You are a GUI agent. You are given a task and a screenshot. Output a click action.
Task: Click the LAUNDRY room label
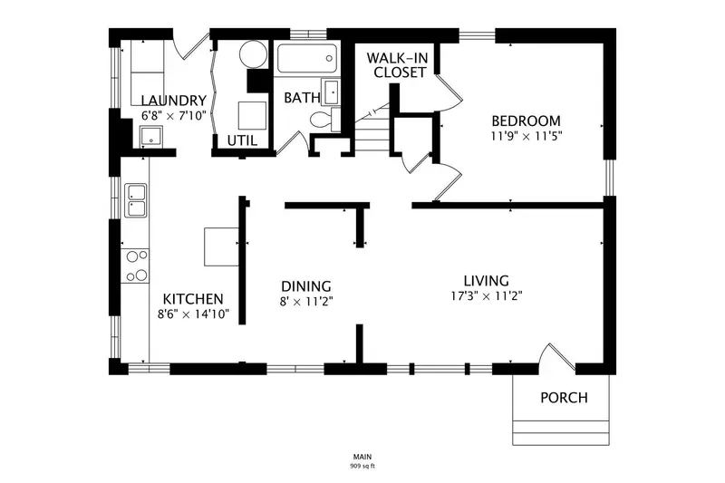(x=173, y=101)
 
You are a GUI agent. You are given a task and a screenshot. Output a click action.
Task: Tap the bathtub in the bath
(x=307, y=58)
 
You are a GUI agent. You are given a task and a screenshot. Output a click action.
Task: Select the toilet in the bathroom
(x=324, y=119)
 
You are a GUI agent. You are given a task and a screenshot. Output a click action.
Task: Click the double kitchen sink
(x=136, y=200)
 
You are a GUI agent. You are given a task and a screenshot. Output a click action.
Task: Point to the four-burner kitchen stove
(x=135, y=266)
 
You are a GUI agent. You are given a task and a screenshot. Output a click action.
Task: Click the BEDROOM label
(x=526, y=121)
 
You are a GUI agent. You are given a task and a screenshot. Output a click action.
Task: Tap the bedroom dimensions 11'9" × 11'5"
(x=527, y=136)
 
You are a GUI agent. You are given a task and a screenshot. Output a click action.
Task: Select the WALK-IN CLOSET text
(x=398, y=65)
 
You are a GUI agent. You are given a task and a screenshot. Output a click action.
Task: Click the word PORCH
(x=564, y=398)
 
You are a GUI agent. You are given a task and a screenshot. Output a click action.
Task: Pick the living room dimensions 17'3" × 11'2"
(x=487, y=295)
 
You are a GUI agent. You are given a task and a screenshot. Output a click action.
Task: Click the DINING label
(x=306, y=286)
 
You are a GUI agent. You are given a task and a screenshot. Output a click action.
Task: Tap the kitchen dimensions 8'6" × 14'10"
(x=193, y=314)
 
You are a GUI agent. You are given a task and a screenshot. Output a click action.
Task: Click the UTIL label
(x=242, y=140)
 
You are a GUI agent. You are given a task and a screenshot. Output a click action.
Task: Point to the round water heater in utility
(x=253, y=54)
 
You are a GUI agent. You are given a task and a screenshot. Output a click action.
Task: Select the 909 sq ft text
(x=362, y=466)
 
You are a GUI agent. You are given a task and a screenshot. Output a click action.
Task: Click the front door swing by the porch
(x=558, y=357)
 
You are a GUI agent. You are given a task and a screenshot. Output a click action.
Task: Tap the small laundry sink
(x=150, y=136)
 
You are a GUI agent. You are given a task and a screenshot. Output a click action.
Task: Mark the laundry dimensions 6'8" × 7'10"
(x=173, y=116)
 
